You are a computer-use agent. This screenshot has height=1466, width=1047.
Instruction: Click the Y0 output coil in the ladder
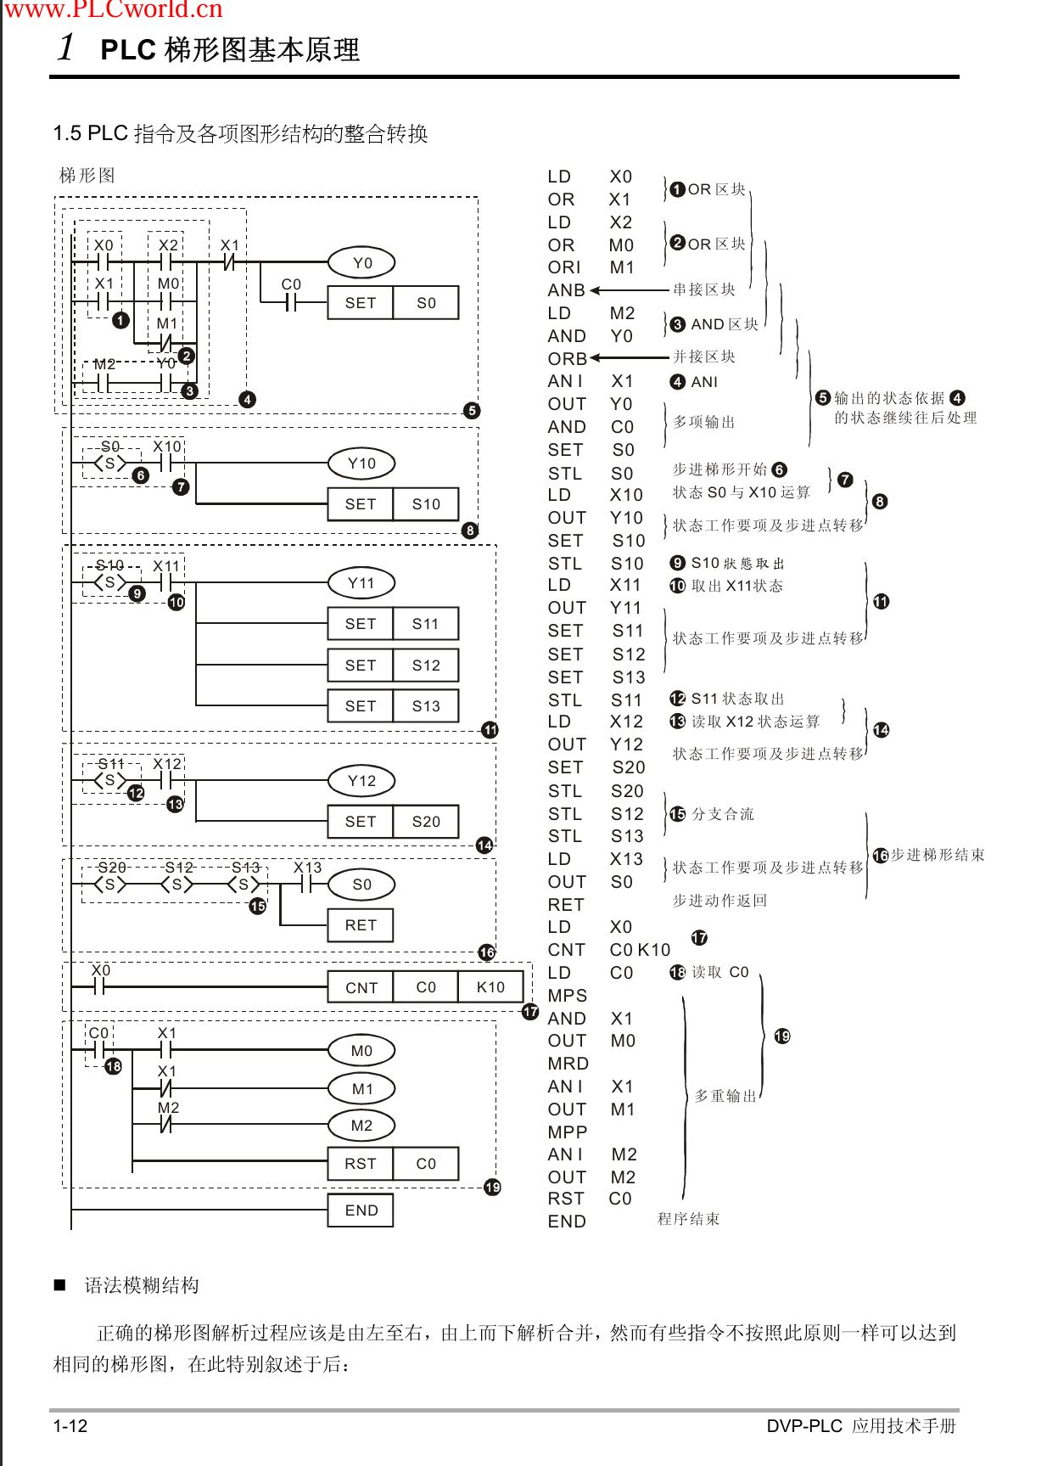[362, 263]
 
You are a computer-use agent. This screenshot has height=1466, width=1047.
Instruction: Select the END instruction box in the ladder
[361, 1210]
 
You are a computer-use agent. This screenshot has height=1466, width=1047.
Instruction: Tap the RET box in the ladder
[361, 925]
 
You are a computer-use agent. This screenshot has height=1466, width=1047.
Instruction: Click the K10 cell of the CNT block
[490, 987]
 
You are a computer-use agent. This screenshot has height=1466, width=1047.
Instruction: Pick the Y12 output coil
[361, 781]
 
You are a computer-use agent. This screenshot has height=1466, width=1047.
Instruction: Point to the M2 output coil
[361, 1126]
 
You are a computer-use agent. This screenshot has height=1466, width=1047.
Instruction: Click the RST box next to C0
[361, 1164]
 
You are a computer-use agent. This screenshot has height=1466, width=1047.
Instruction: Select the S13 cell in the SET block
[426, 706]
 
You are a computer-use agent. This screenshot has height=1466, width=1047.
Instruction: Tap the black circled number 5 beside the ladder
[473, 411]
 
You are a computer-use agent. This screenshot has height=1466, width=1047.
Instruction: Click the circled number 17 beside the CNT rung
[530, 1012]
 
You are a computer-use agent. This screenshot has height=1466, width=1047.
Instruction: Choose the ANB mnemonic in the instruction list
[567, 290]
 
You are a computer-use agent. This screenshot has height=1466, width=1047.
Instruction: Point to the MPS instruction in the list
[568, 996]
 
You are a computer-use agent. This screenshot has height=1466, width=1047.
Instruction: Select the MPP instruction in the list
[568, 1132]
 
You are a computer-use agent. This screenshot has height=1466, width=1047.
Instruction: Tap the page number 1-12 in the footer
[70, 1426]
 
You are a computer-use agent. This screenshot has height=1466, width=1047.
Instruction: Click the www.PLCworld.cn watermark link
[114, 10]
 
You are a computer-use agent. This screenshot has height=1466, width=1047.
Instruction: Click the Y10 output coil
[361, 463]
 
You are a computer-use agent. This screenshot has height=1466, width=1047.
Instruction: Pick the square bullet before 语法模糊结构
[60, 1285]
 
